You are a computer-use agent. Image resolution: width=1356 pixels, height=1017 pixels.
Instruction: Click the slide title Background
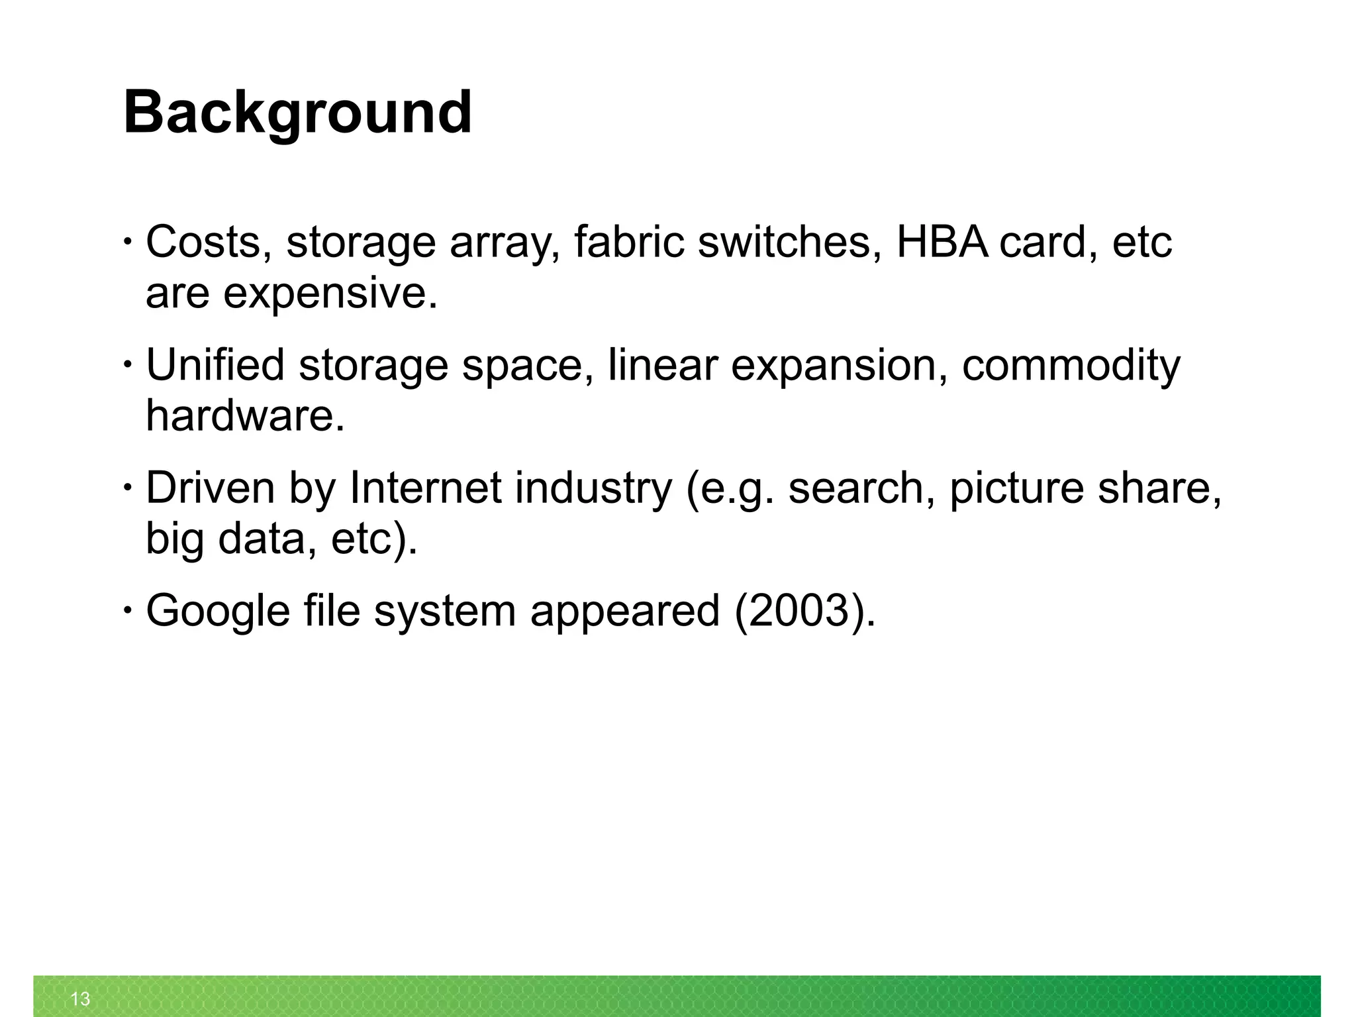tap(297, 113)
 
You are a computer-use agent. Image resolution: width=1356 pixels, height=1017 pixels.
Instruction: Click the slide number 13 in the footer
tap(80, 998)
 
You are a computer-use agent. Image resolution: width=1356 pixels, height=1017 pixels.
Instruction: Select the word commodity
tap(1070, 365)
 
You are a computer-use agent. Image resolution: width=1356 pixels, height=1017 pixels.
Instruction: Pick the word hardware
tap(245, 415)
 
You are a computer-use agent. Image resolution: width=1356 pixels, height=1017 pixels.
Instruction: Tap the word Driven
tap(210, 488)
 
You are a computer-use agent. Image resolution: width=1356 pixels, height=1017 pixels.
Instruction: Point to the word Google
tap(218, 611)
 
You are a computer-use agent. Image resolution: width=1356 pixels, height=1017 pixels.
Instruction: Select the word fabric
tap(628, 242)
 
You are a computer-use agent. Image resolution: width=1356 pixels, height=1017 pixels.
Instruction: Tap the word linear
tap(662, 365)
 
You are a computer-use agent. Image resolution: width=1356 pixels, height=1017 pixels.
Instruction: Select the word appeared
tap(624, 611)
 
